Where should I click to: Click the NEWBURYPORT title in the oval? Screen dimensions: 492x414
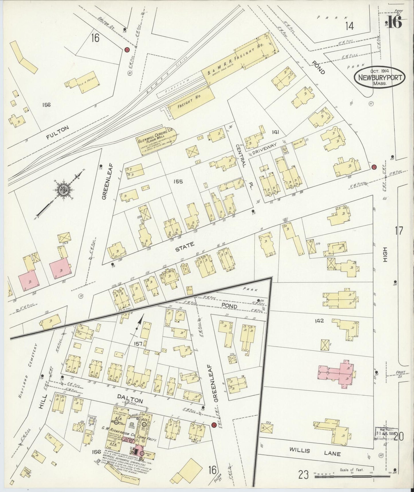[380, 78]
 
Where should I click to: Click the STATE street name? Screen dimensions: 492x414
[184, 245]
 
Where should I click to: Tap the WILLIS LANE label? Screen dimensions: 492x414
[318, 454]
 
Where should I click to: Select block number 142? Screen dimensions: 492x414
[319, 321]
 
